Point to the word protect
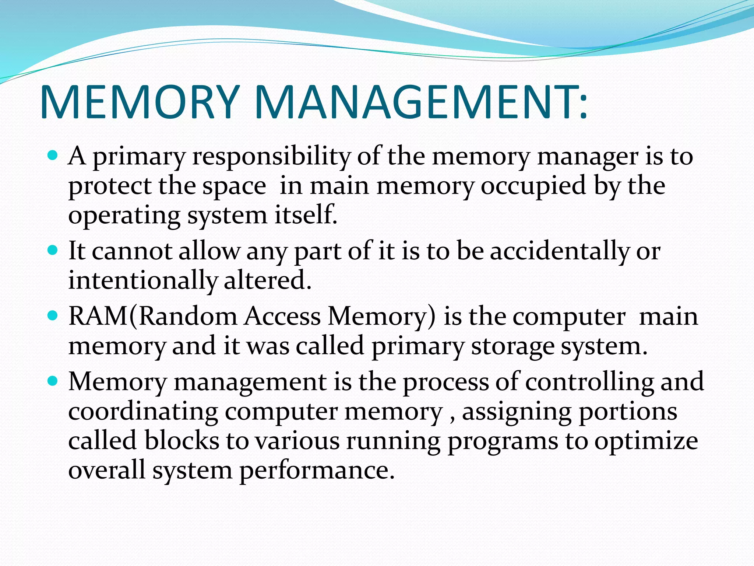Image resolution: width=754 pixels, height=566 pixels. click(109, 186)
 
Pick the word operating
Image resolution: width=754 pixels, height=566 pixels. click(124, 216)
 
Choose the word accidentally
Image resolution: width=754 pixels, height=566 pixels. click(560, 251)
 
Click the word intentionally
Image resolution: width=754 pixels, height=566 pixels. click(143, 281)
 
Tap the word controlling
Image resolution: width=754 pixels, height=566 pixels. click(589, 382)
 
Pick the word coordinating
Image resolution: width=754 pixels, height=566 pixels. click(143, 412)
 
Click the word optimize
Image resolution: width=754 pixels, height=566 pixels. click(646, 441)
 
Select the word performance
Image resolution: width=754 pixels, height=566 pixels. click(317, 471)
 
